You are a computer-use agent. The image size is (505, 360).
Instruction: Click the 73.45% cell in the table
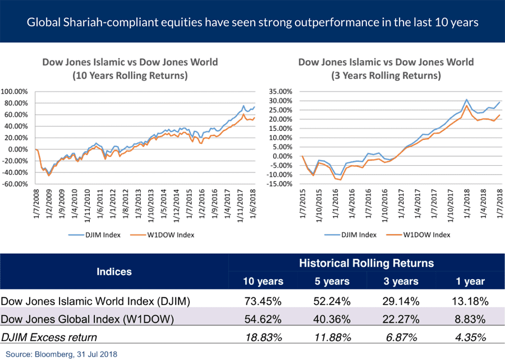click(x=262, y=302)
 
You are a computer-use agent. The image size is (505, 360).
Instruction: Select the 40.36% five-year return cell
click(x=333, y=320)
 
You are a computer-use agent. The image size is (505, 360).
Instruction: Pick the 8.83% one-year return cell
click(x=469, y=320)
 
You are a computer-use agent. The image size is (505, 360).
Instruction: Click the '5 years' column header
click(x=333, y=281)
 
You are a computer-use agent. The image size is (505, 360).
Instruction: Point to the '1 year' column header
click(x=469, y=281)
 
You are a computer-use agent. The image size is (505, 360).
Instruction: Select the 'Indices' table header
click(x=114, y=272)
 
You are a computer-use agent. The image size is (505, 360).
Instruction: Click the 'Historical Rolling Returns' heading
click(x=366, y=262)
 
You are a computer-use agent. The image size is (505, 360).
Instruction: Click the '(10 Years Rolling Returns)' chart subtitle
click(x=130, y=75)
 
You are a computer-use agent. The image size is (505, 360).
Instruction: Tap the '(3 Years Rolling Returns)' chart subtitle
click(x=385, y=75)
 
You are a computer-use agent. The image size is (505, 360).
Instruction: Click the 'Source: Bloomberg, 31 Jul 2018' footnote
click(x=59, y=354)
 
